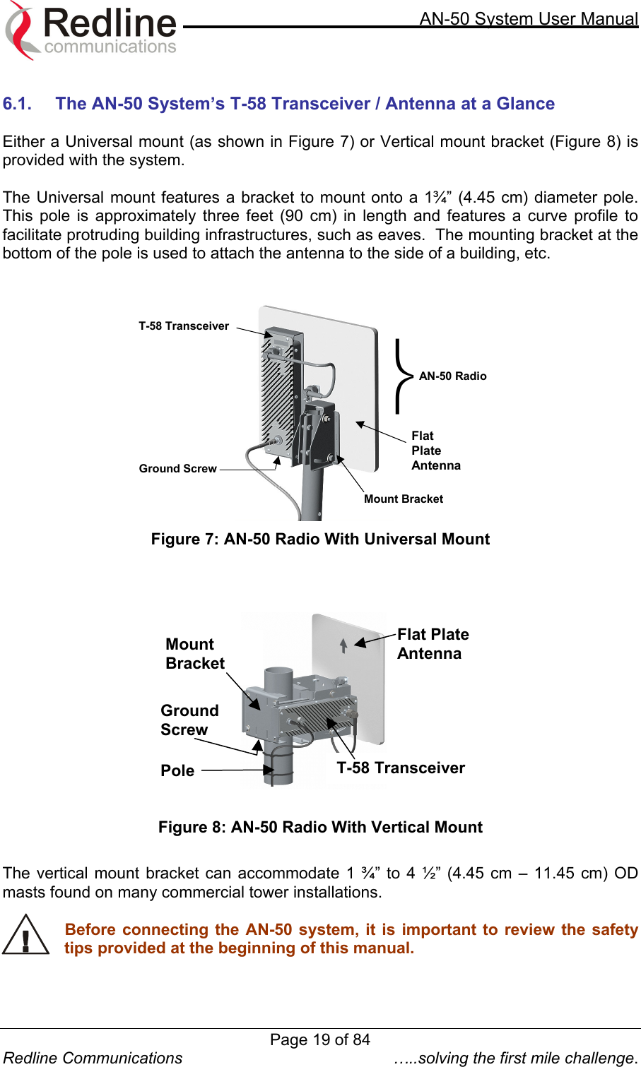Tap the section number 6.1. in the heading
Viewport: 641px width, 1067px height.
[x=18, y=104]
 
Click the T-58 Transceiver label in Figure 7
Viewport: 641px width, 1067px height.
[x=184, y=326]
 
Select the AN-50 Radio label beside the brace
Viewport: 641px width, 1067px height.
[x=452, y=376]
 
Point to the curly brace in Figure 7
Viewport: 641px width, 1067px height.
[x=403, y=376]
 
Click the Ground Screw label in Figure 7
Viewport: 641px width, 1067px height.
[x=177, y=469]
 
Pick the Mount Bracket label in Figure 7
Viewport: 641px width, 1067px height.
[x=404, y=499]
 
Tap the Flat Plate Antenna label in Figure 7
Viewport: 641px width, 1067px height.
[x=435, y=451]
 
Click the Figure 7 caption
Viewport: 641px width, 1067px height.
[x=320, y=540]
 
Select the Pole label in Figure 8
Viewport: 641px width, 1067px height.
[x=177, y=771]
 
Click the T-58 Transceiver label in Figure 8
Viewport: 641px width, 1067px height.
[x=401, y=768]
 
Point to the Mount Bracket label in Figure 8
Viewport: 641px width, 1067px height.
[x=194, y=654]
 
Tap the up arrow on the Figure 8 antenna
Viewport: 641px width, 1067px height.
[x=343, y=645]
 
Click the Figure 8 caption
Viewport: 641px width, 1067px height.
[x=320, y=828]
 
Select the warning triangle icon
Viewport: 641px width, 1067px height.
[x=25, y=936]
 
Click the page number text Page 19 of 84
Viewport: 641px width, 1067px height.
[x=320, y=1039]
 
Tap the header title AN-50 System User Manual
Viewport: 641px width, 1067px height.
[x=529, y=19]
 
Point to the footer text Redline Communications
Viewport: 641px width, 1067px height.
[x=93, y=1058]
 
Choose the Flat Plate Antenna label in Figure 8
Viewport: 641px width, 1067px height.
[x=433, y=644]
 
